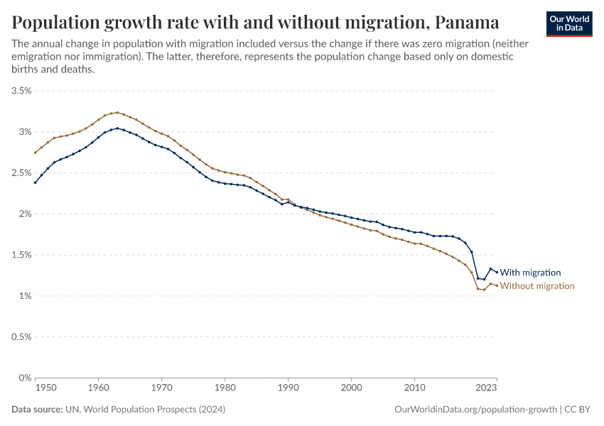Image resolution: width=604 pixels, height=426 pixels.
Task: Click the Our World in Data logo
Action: pyautogui.click(x=569, y=23)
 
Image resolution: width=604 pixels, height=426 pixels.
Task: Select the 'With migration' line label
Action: pyautogui.click(x=530, y=273)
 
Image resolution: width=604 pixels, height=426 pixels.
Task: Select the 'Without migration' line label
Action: pyautogui.click(x=537, y=286)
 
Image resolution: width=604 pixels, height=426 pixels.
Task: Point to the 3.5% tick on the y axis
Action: pyautogui.click(x=21, y=91)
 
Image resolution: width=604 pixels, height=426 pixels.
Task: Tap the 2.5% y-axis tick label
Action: pyautogui.click(x=21, y=173)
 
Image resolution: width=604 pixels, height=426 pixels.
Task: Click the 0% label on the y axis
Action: pyautogui.click(x=26, y=378)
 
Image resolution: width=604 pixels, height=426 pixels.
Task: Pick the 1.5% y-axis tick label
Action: pyautogui.click(x=21, y=255)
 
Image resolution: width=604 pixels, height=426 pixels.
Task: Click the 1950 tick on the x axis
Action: pyautogui.click(x=45, y=388)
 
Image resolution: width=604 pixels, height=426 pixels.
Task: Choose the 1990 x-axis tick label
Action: pyautogui.click(x=288, y=388)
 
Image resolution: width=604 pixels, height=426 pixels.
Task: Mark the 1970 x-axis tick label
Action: pyautogui.click(x=161, y=388)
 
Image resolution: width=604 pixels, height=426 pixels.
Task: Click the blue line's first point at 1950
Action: pyautogui.click(x=35, y=182)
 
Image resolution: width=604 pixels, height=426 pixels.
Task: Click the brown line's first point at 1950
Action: pyautogui.click(x=35, y=153)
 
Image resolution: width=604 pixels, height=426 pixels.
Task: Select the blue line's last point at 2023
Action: pyautogui.click(x=497, y=272)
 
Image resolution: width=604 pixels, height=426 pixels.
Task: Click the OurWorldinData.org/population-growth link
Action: pyautogui.click(x=475, y=410)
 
